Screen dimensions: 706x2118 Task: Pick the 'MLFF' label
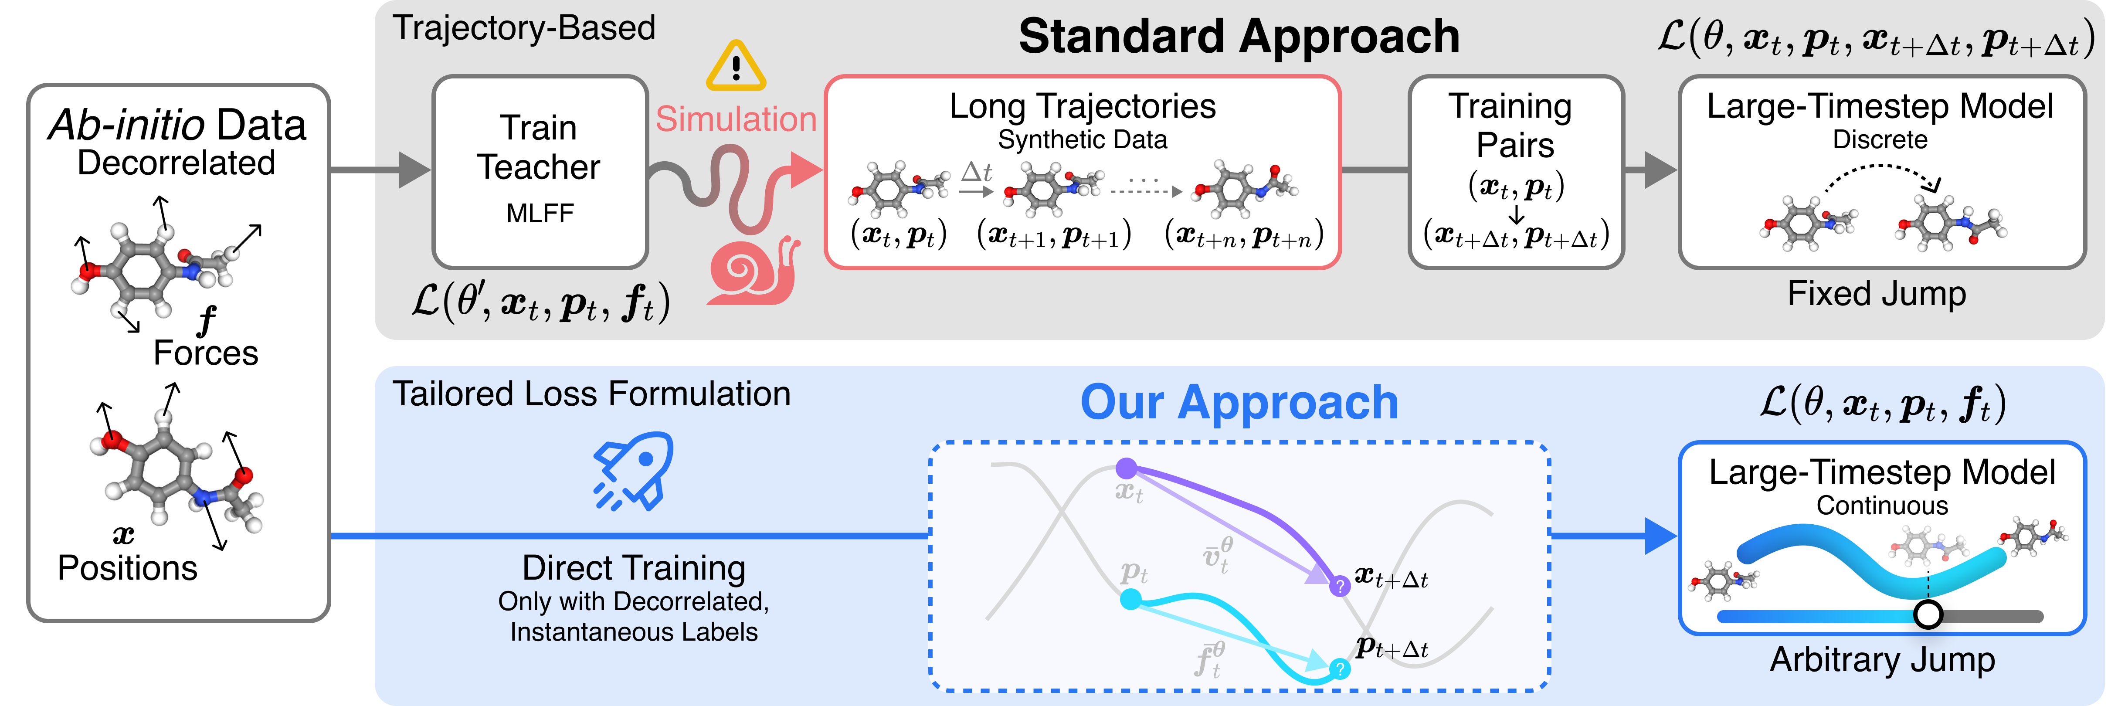click(x=540, y=214)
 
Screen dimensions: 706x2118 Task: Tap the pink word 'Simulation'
click(x=736, y=119)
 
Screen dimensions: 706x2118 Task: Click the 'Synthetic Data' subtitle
click(x=1082, y=140)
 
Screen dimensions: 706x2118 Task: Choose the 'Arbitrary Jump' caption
click(x=1882, y=659)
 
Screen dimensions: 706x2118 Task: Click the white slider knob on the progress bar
click(x=1928, y=614)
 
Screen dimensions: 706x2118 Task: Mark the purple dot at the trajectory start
click(x=1127, y=468)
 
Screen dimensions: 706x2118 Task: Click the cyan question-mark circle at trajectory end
click(x=1339, y=669)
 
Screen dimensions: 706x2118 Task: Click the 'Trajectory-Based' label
click(x=524, y=28)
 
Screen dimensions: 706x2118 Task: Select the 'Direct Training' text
click(x=634, y=568)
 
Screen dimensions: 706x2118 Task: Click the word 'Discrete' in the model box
click(x=1880, y=140)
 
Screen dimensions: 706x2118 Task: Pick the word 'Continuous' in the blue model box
click(x=1882, y=506)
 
